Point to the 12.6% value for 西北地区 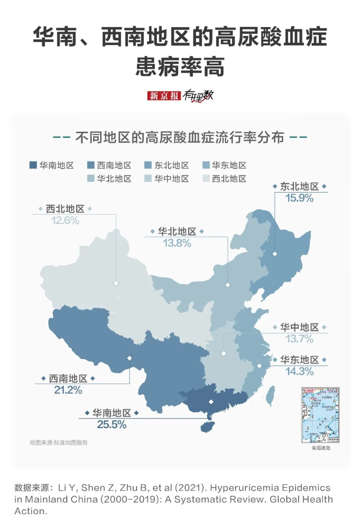pos(65,220)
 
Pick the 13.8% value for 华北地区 pos(177,243)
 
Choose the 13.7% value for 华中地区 pos(299,339)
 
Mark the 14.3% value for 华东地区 pos(299,371)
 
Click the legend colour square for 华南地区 pos(33,165)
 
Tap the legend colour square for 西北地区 pos(205,179)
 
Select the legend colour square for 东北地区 pos(148,165)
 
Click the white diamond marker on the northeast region pos(275,254)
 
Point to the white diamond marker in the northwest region pos(116,284)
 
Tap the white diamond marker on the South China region pos(211,402)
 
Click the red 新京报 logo pos(164,96)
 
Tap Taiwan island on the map pos(270,395)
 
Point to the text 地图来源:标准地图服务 pos(59,443)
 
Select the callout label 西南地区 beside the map pos(68,379)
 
